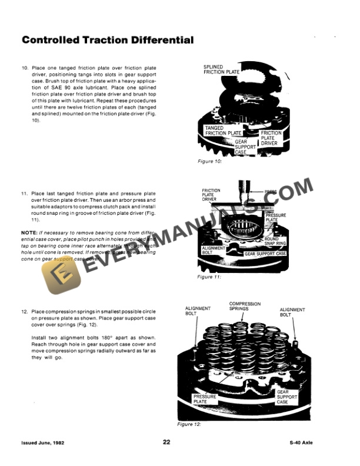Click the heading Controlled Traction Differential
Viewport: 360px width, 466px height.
point(107,41)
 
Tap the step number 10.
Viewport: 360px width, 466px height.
point(25,68)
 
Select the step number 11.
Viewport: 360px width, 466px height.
point(25,193)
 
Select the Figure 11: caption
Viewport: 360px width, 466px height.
point(209,277)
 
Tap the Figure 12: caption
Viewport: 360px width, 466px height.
point(189,424)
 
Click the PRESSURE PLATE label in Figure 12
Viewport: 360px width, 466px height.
point(205,399)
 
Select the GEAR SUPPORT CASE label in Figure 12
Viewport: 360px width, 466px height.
point(283,397)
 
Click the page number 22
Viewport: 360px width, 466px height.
point(166,442)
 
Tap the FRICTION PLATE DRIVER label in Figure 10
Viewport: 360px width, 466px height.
point(271,138)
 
